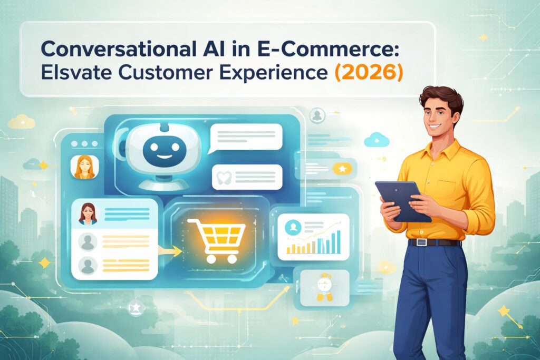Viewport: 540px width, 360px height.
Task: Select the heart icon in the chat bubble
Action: point(222,176)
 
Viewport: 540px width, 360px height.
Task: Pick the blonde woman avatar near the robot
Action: point(83,167)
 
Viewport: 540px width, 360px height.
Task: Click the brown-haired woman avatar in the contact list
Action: point(88,213)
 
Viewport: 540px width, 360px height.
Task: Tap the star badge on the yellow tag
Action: point(342,169)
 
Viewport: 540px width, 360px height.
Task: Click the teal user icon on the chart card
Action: point(292,227)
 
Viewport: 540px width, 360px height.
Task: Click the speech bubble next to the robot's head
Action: point(245,138)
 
